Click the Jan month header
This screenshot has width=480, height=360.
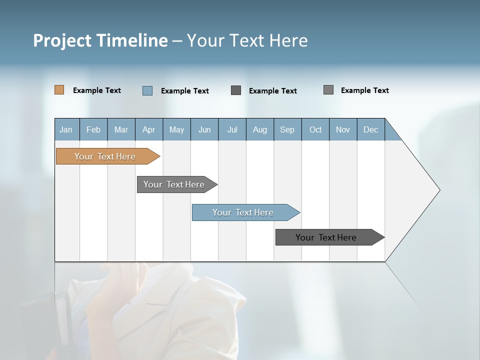point(66,129)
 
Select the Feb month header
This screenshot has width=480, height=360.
point(93,129)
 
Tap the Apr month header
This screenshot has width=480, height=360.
point(149,129)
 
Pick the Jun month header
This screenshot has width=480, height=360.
point(204,129)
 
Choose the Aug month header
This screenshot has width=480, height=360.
point(260,129)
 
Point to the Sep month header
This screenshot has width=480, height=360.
point(287,129)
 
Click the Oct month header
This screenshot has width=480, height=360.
point(315,129)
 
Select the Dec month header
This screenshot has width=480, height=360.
point(371,129)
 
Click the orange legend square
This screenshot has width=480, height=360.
point(59,90)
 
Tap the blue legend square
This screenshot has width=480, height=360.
point(147,90)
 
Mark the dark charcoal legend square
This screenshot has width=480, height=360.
point(236,90)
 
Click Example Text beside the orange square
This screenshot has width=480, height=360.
point(97,90)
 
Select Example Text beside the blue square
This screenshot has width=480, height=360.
point(185,91)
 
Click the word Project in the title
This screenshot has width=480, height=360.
point(61,40)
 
